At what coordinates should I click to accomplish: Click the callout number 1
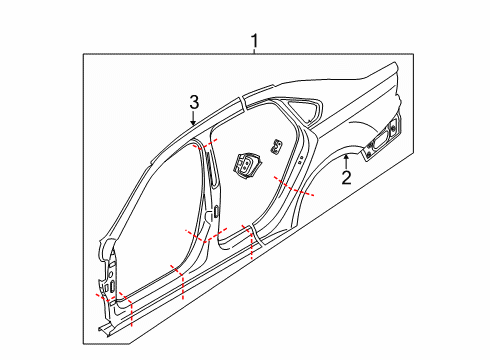(x=255, y=41)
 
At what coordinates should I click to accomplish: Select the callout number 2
(x=346, y=178)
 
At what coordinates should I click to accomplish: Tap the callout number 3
(x=194, y=102)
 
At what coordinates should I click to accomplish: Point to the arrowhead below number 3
(x=194, y=122)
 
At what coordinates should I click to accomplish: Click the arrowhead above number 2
(x=346, y=157)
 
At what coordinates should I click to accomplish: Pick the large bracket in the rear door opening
(x=246, y=165)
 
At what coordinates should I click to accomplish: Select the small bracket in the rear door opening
(x=277, y=147)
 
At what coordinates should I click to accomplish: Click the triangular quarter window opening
(x=305, y=108)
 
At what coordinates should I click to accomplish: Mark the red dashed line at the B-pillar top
(x=204, y=144)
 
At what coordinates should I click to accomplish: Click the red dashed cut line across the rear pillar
(x=293, y=188)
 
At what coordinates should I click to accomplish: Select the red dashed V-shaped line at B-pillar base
(x=206, y=235)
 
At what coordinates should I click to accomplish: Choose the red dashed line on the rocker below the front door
(x=179, y=281)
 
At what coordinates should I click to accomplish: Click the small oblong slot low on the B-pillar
(x=216, y=211)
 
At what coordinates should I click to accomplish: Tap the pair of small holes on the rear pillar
(x=301, y=159)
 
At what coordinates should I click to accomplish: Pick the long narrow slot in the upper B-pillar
(x=210, y=167)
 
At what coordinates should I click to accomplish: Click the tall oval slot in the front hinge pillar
(x=113, y=285)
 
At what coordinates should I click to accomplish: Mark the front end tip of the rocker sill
(x=100, y=329)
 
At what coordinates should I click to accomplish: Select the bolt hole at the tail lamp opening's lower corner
(x=369, y=154)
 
